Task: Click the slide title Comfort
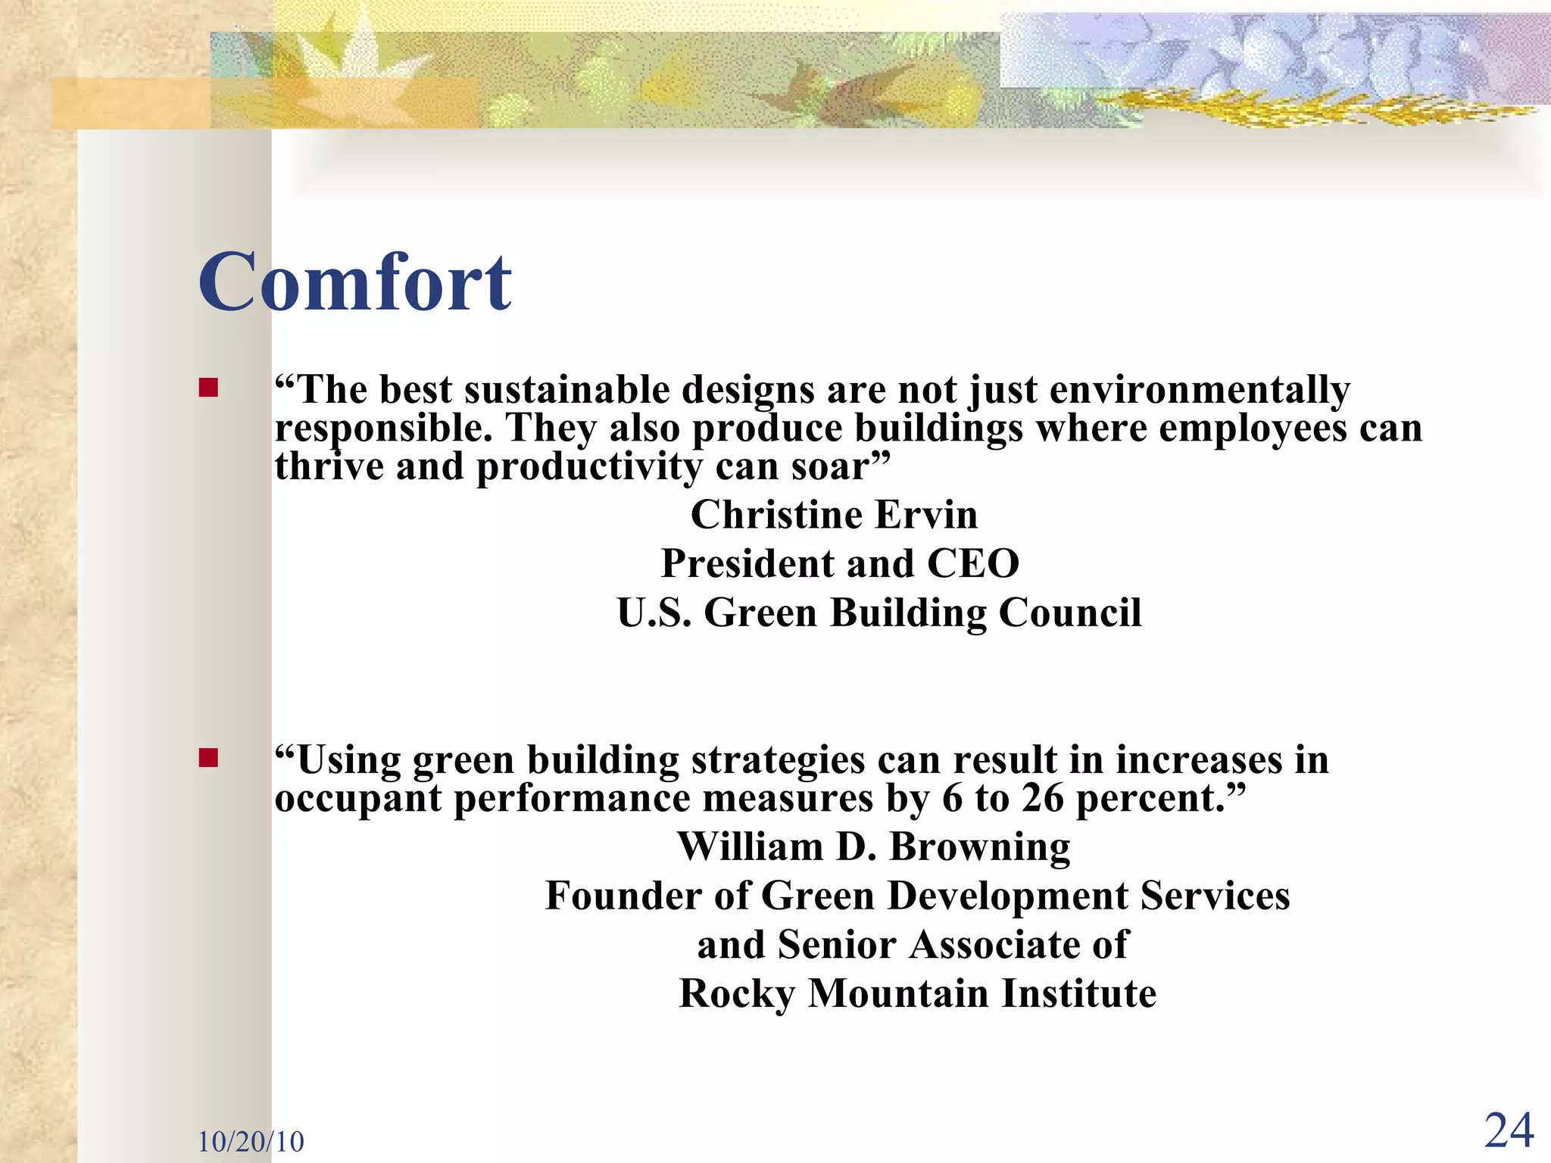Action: coord(354,282)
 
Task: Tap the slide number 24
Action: coord(1509,1131)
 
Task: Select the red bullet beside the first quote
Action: coord(208,388)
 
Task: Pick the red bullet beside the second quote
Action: coord(208,758)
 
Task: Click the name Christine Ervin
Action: coord(834,515)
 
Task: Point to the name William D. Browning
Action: coord(874,847)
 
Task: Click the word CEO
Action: coord(973,564)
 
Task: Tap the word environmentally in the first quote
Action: coord(1199,391)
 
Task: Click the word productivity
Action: coord(588,467)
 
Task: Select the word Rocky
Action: coord(736,994)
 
